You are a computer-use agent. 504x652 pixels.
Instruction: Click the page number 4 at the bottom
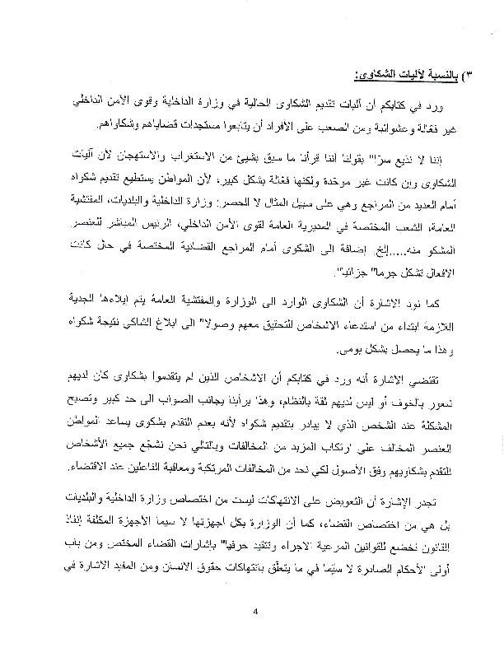click(x=256, y=611)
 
